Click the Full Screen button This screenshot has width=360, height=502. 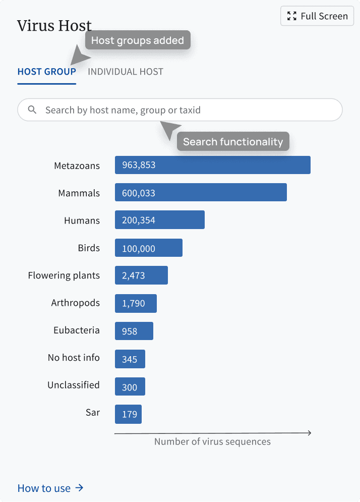tap(317, 16)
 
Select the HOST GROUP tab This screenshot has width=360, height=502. tap(47, 72)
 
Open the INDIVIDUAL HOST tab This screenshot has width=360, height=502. tap(126, 72)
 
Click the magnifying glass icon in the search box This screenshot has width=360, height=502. tap(32, 110)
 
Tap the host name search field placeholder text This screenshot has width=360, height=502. tap(123, 110)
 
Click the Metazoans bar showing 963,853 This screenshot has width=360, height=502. tap(213, 165)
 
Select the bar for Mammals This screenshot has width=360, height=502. tap(201, 192)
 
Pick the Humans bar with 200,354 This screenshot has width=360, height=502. tap(160, 219)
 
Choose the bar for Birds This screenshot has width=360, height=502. tap(149, 248)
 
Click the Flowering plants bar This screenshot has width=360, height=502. tap(142, 275)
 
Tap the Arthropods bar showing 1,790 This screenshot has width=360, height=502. tap(136, 303)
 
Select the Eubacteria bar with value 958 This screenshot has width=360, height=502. tap(134, 331)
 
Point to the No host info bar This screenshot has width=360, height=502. tap(130, 359)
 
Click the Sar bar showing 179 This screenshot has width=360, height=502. tap(129, 414)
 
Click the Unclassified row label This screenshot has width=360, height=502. tap(74, 385)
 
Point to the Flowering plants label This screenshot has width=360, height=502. tap(64, 275)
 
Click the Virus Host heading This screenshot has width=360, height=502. tap(54, 26)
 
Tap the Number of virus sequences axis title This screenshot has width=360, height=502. tap(212, 442)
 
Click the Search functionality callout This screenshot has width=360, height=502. tap(233, 141)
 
